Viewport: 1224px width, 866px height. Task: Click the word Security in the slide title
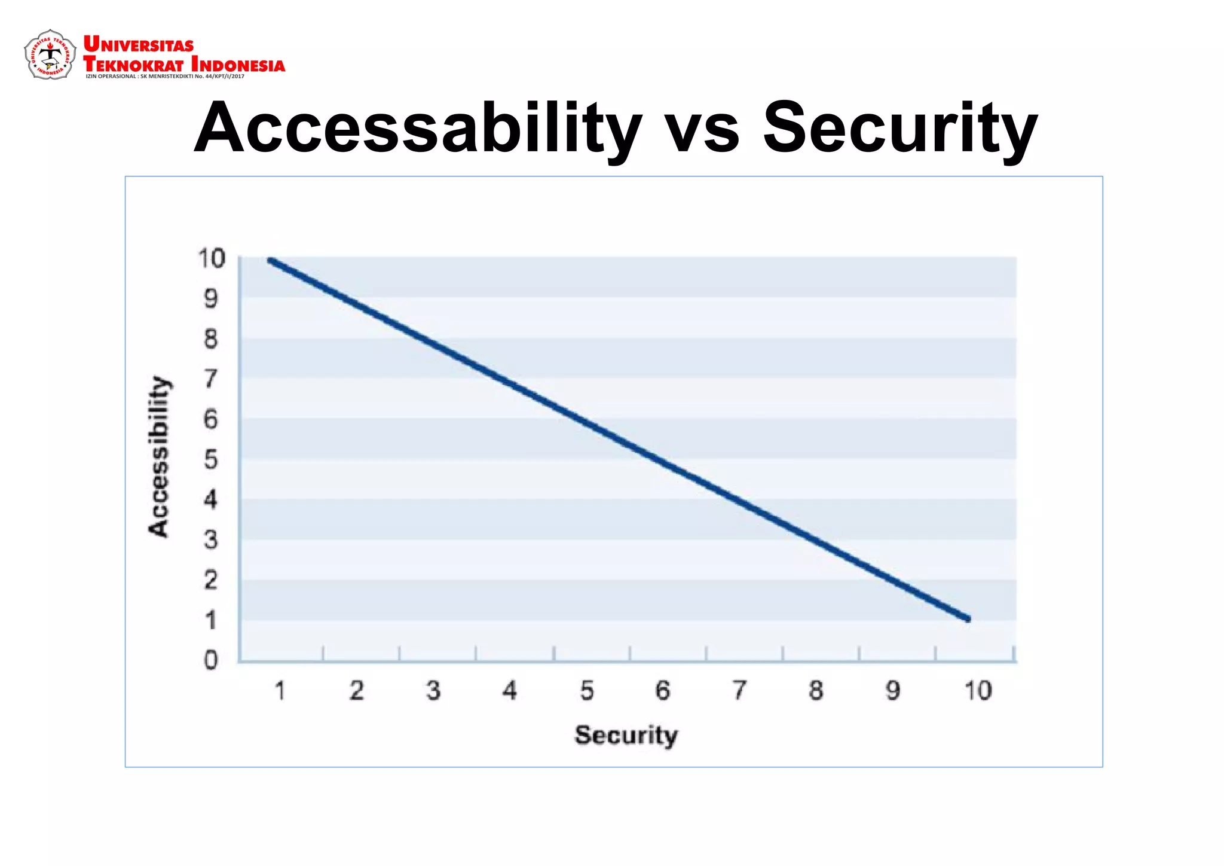coord(900,129)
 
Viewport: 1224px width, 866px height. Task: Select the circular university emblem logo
coord(50,55)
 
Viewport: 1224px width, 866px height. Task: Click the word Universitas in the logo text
coord(139,45)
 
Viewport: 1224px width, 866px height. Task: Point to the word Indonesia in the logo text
coord(238,65)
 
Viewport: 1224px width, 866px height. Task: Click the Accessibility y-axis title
coord(159,457)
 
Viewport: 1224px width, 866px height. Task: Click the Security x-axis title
coord(626,735)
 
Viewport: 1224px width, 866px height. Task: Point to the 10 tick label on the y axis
coord(212,258)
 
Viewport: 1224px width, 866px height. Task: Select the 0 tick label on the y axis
coord(211,660)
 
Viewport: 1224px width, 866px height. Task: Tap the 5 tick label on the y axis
coord(211,459)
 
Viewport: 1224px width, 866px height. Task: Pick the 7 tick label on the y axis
coord(211,379)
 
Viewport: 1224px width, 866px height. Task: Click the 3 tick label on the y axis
coord(211,539)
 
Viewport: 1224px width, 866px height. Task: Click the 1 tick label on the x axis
coord(280,691)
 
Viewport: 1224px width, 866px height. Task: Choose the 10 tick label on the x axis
coord(978,691)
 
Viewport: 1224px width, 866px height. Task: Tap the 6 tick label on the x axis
coord(663,691)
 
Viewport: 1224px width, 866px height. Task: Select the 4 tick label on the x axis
coord(509,691)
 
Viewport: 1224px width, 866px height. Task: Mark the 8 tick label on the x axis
coord(816,691)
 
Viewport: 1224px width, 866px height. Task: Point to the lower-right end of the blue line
coord(968,619)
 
